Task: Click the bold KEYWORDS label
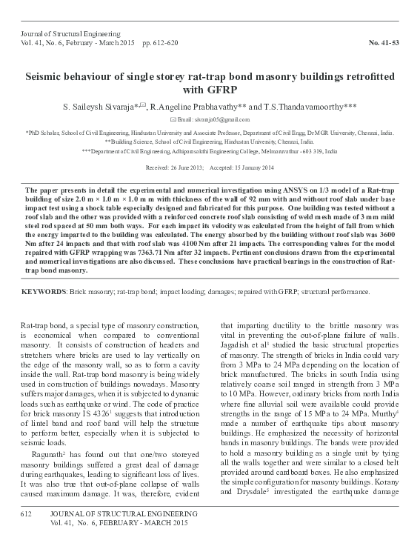43,292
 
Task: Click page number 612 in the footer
27,513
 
